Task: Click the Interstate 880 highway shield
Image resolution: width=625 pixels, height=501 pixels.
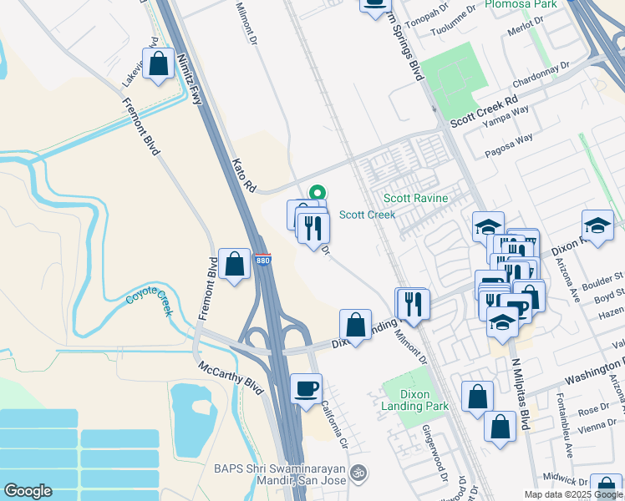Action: click(x=263, y=261)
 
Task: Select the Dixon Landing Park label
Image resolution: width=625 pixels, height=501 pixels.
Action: click(x=416, y=400)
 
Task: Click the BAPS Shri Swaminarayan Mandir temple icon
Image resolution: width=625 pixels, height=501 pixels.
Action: click(x=358, y=473)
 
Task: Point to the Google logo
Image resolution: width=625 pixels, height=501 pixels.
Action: click(x=28, y=491)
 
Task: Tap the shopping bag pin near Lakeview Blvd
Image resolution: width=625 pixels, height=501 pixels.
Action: click(x=158, y=64)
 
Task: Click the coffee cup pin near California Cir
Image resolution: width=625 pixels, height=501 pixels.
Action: click(x=307, y=387)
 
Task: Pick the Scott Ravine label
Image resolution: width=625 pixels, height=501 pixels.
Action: click(x=415, y=199)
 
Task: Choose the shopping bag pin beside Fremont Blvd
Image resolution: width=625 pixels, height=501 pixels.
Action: click(x=235, y=263)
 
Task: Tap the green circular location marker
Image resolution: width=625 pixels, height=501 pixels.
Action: click(x=317, y=193)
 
